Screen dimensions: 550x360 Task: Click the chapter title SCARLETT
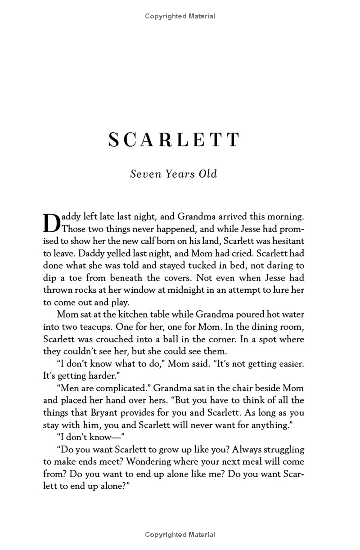[x=174, y=140]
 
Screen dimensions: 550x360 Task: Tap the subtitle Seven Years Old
[x=174, y=174]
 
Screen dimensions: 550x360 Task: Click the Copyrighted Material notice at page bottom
[x=180, y=535]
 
